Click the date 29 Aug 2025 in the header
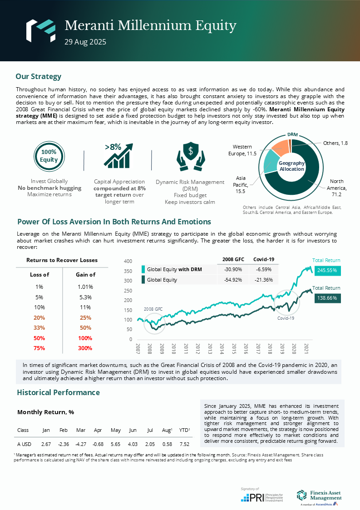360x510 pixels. coord(85,42)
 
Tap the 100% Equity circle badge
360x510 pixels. coord(49,156)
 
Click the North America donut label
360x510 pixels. coord(336,184)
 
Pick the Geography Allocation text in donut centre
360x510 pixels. coord(291,166)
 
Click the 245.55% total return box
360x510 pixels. coord(327,270)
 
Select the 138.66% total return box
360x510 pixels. coord(327,298)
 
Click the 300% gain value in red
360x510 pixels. coord(85,348)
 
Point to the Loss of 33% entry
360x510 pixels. coord(39,328)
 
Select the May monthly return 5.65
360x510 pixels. coord(115,444)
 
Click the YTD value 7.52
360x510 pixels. coord(184,444)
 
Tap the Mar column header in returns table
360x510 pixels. coord(81,430)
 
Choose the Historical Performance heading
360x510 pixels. coord(58,392)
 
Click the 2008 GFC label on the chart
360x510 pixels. coord(153,309)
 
